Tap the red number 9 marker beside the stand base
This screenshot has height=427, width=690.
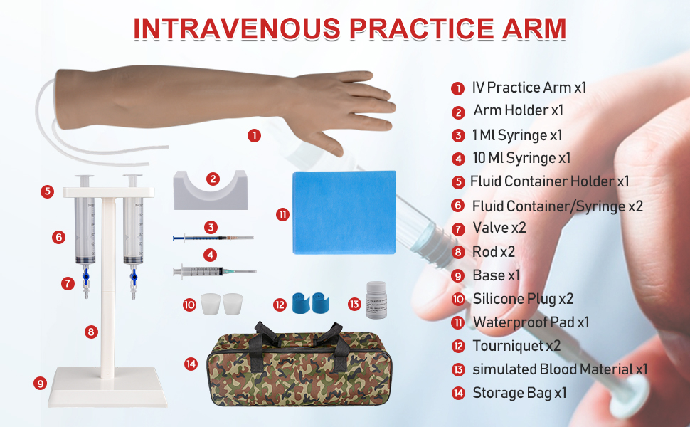40,383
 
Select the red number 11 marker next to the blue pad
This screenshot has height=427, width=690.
282,214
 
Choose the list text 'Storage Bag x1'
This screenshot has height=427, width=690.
519,392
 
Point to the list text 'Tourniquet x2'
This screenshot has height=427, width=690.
516,346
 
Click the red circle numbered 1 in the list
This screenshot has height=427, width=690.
457,88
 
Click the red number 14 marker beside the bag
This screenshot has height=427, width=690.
190,364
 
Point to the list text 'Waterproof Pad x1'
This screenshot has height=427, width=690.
531,322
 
